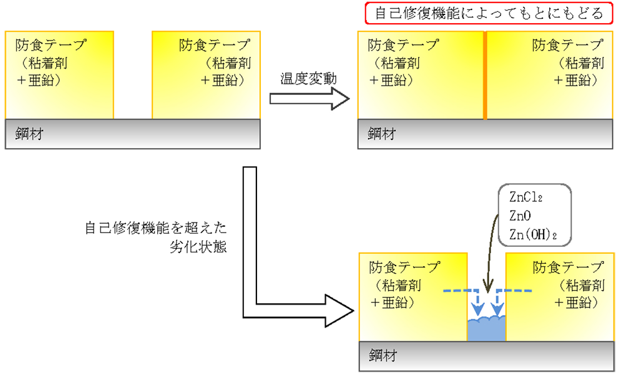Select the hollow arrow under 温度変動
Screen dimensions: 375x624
tap(310, 99)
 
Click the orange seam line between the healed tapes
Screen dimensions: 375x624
tap(485, 75)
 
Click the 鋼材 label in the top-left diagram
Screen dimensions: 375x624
tap(30, 134)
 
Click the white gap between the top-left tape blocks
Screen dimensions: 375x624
tap(133, 75)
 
